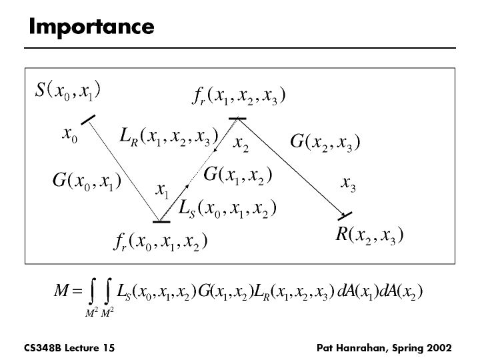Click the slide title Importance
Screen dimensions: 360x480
click(x=91, y=27)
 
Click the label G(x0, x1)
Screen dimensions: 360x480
click(x=85, y=181)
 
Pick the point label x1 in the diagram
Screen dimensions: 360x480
click(x=162, y=191)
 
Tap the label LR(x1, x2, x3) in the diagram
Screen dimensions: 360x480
click(x=169, y=138)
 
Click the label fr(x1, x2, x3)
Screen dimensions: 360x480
click(x=238, y=97)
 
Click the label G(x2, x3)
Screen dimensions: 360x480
click(x=325, y=142)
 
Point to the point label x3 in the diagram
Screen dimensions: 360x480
click(x=348, y=183)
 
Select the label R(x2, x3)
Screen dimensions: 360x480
click(x=369, y=235)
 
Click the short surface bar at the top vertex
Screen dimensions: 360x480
click(x=237, y=119)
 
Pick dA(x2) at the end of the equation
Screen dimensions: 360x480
click(x=402, y=291)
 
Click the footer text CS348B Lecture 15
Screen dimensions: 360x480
click(x=63, y=347)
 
